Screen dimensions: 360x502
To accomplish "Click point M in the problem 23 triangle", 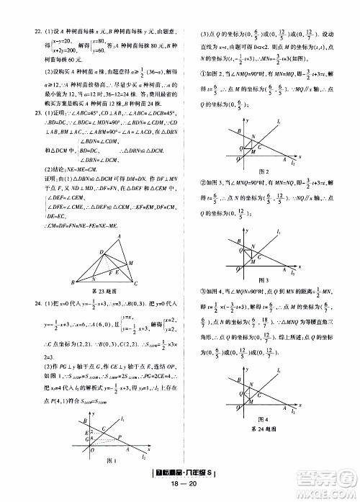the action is click(130, 263).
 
